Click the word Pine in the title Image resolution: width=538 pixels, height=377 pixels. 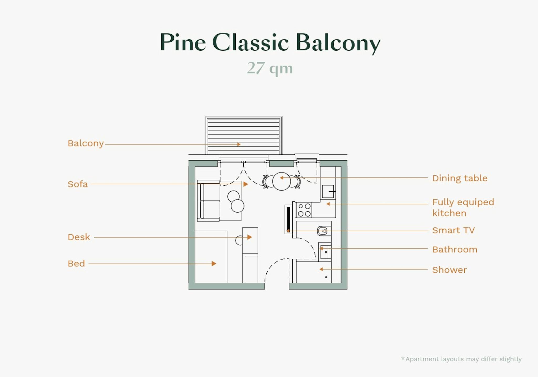[x=183, y=42]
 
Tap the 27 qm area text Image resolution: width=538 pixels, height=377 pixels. [x=270, y=68]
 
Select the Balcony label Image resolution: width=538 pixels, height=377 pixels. [x=86, y=143]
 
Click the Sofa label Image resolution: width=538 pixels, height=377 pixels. [x=78, y=184]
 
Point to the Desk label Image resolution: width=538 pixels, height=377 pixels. [x=79, y=237]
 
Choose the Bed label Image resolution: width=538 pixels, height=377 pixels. [x=76, y=263]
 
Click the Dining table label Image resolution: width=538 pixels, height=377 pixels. [x=460, y=178]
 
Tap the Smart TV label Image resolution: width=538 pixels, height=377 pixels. [x=453, y=230]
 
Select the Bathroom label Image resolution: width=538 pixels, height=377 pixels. [x=455, y=249]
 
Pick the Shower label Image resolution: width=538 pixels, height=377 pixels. [x=449, y=270]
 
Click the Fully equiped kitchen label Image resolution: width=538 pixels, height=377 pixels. [x=463, y=207]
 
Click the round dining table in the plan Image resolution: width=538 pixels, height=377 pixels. [x=281, y=181]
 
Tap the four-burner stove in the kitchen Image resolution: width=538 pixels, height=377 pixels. [x=304, y=210]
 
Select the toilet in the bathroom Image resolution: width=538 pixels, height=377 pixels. [x=323, y=231]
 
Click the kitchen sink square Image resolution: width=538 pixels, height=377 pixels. [x=328, y=191]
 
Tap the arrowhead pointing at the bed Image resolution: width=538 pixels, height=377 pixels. [x=214, y=263]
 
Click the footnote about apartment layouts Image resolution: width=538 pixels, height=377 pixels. [x=461, y=359]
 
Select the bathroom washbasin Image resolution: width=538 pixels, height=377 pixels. [x=325, y=252]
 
